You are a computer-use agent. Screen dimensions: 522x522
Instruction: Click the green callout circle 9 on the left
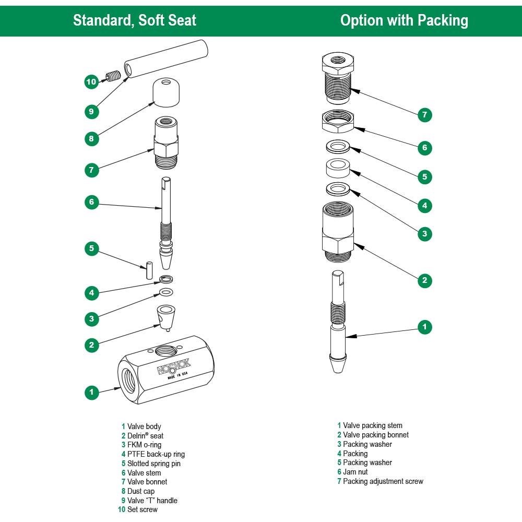point(91,111)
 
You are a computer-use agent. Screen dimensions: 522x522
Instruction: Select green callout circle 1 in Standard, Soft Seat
point(91,391)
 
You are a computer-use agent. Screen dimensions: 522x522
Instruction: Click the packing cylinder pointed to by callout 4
point(338,169)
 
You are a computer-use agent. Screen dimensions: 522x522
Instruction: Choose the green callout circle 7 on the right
point(424,115)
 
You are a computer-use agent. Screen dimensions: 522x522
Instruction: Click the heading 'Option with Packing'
point(404,20)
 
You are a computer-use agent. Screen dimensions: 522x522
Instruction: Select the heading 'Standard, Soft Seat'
point(135,20)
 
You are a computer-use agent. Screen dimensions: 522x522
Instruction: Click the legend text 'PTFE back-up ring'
point(156,454)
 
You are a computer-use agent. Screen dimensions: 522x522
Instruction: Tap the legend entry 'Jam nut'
point(356,472)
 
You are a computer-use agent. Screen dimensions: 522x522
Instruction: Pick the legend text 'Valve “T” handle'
point(152,501)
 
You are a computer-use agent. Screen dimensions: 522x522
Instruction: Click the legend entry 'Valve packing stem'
point(372,425)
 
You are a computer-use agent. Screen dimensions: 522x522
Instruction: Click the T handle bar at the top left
point(167,60)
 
